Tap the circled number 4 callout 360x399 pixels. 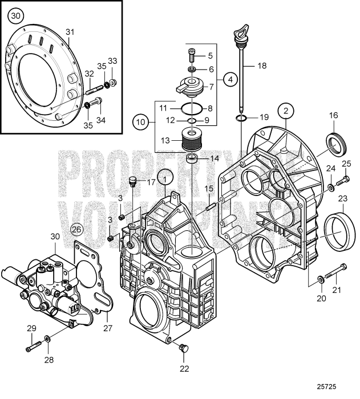point(230,80)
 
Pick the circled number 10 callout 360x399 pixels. point(141,121)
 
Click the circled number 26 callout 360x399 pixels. point(78,229)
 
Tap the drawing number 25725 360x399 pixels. point(339,386)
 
